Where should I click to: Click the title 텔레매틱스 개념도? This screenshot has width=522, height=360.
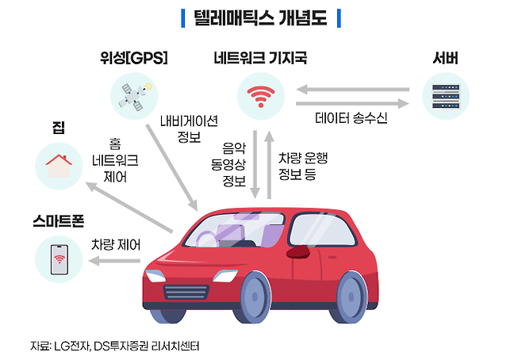[260, 17]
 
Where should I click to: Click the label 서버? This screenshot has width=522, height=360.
[445, 58]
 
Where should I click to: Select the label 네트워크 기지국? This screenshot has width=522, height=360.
[260, 58]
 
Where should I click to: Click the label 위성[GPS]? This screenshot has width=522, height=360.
[133, 58]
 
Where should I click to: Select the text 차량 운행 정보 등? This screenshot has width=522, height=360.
[302, 166]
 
